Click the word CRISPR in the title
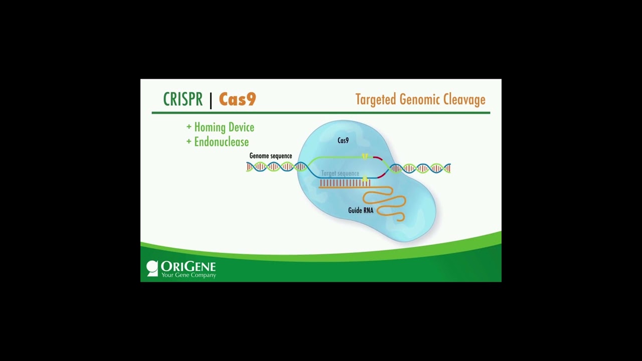pyautogui.click(x=183, y=99)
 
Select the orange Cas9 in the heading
pyautogui.click(x=237, y=99)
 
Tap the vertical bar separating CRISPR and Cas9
pyautogui.click(x=211, y=100)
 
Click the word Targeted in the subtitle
pyautogui.click(x=376, y=100)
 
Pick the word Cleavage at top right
pyautogui.click(x=464, y=100)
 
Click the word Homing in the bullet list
pyautogui.click(x=209, y=127)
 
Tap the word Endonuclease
pyautogui.click(x=221, y=142)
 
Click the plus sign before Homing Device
pyautogui.click(x=189, y=127)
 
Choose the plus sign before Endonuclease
pyautogui.click(x=189, y=142)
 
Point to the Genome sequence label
pyautogui.click(x=270, y=156)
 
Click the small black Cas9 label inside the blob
pyautogui.click(x=343, y=141)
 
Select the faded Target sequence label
pyautogui.click(x=340, y=173)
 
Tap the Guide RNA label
pyautogui.click(x=361, y=211)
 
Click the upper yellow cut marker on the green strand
pyautogui.click(x=365, y=157)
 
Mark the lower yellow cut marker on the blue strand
pyautogui.click(x=365, y=178)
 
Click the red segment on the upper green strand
pyautogui.click(x=378, y=159)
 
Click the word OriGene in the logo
pyautogui.click(x=188, y=266)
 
